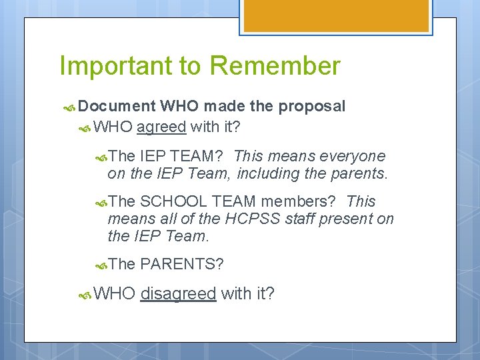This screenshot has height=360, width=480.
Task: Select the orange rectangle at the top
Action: (x=334, y=15)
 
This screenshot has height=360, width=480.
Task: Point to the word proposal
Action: (x=312, y=107)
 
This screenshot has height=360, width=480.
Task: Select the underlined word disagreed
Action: (x=179, y=293)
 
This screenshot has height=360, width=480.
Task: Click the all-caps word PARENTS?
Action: (x=181, y=264)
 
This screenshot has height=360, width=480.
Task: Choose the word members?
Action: (x=301, y=201)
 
